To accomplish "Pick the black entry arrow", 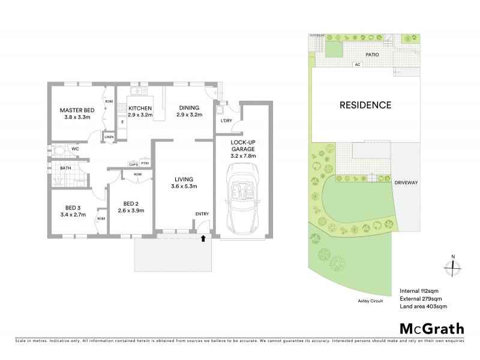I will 203,239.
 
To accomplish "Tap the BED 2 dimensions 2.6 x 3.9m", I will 131,210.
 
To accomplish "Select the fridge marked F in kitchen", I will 122,122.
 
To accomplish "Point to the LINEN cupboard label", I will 109,137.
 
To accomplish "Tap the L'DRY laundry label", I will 226,121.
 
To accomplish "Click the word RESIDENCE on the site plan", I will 365,105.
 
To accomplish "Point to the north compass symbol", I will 452,266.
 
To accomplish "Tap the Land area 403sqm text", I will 423,307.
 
